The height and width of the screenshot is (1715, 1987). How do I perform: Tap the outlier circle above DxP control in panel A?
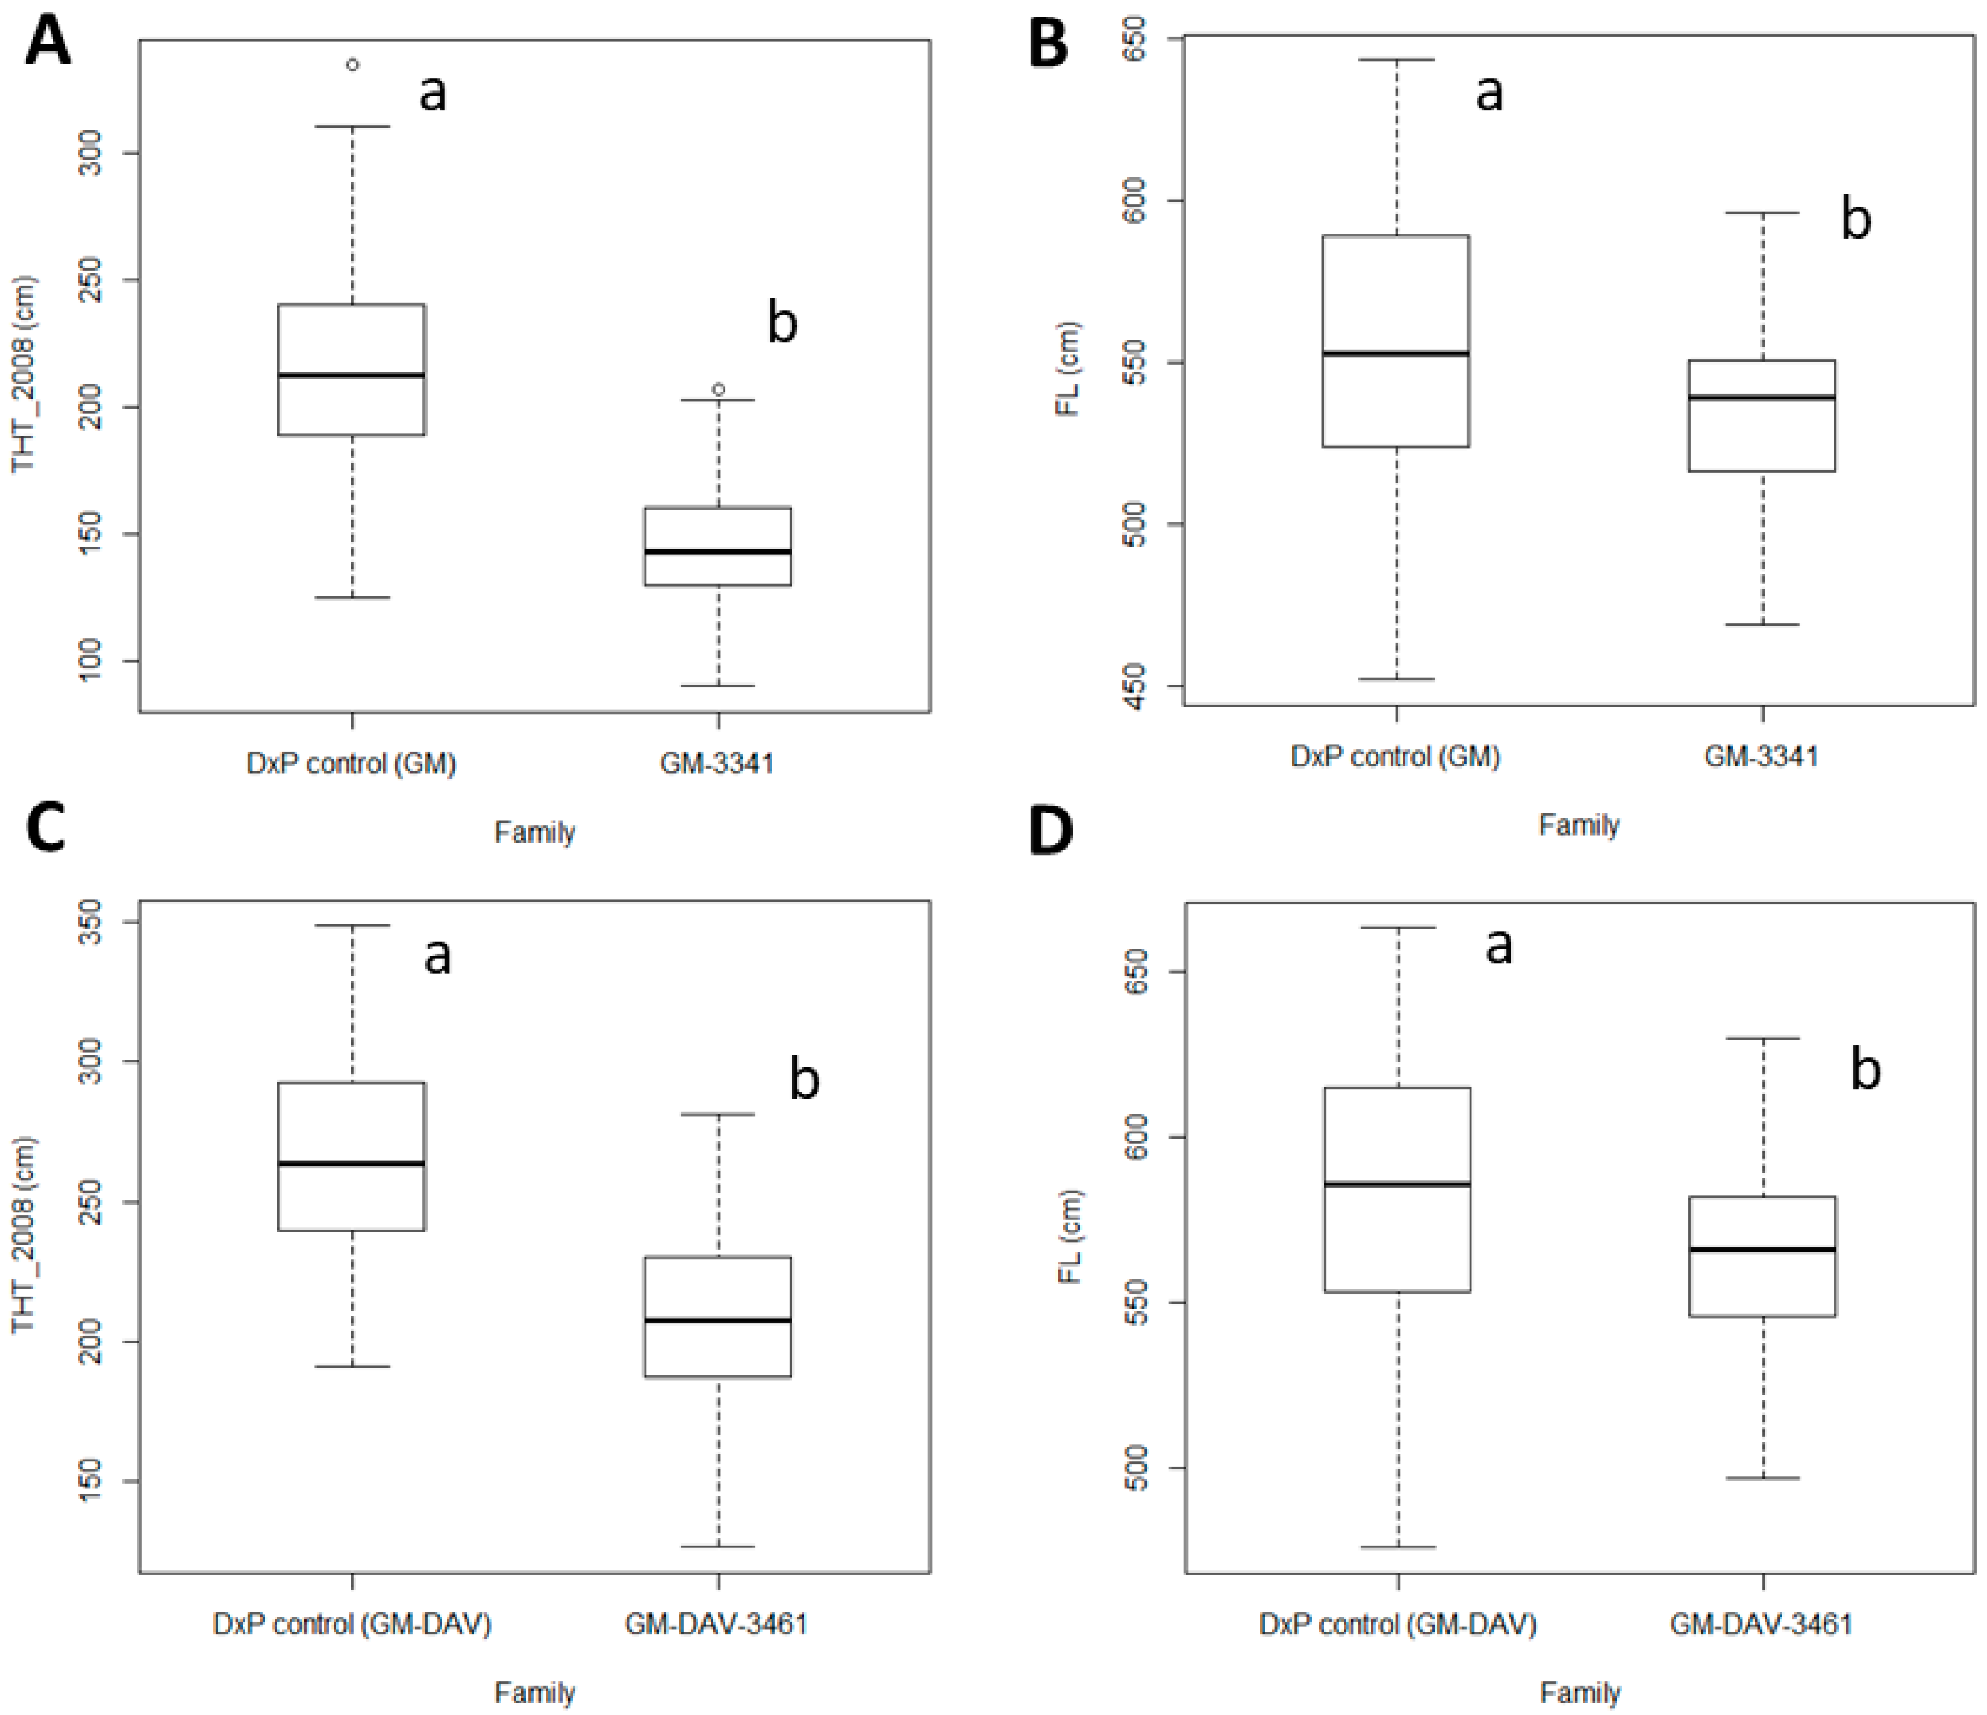pyautogui.click(x=353, y=65)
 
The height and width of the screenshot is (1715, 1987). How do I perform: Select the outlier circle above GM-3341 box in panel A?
pyautogui.click(x=718, y=389)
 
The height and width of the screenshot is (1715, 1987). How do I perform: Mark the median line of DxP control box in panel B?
pyautogui.click(x=1396, y=353)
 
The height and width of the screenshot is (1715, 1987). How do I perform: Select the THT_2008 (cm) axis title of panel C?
pyautogui.click(x=23, y=1236)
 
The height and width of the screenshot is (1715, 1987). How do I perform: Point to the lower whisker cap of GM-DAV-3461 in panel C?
pyautogui.click(x=718, y=1546)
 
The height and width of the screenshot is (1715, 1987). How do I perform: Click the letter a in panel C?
pyautogui.click(x=437, y=956)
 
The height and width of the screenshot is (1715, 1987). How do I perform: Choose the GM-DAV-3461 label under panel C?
pyautogui.click(x=716, y=1623)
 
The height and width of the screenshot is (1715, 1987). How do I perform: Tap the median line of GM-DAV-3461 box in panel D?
pyautogui.click(x=1762, y=1249)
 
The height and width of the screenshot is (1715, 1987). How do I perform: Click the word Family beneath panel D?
pyautogui.click(x=1579, y=1692)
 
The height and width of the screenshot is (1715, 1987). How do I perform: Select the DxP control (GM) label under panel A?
pyautogui.click(x=351, y=763)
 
